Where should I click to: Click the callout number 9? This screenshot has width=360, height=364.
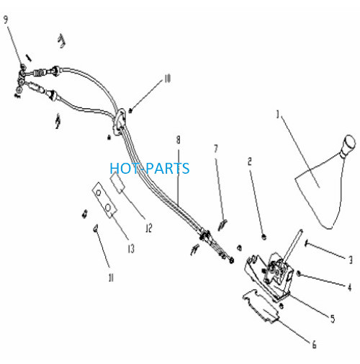(6, 19)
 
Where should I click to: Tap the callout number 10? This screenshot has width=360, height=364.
(167, 79)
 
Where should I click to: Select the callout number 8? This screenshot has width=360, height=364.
(179, 140)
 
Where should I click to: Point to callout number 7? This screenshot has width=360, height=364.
(216, 148)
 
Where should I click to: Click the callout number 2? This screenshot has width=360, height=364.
(250, 161)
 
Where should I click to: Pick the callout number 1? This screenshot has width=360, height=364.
(278, 115)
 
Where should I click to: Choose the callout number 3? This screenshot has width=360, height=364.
(351, 259)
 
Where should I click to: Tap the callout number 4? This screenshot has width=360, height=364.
(350, 287)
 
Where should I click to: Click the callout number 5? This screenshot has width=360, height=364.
(333, 319)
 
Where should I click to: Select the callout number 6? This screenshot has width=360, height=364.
(314, 345)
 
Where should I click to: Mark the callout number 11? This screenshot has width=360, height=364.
(111, 278)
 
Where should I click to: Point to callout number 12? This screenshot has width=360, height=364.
(149, 228)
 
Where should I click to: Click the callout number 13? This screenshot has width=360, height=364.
(131, 249)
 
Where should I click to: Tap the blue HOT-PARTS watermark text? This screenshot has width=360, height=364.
(150, 168)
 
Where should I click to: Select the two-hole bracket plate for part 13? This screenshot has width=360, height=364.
(104, 200)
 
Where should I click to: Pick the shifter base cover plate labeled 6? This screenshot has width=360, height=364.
(261, 306)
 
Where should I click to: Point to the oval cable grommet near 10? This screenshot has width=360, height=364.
(120, 123)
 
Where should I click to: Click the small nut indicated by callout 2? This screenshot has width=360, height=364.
(264, 237)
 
